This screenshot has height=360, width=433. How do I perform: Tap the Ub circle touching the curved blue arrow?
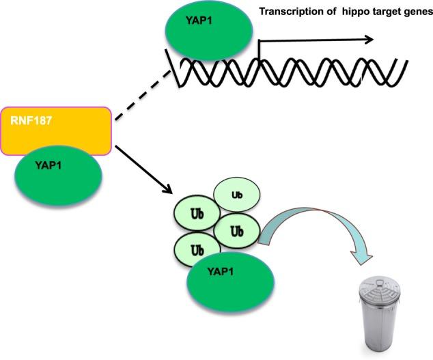236,230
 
